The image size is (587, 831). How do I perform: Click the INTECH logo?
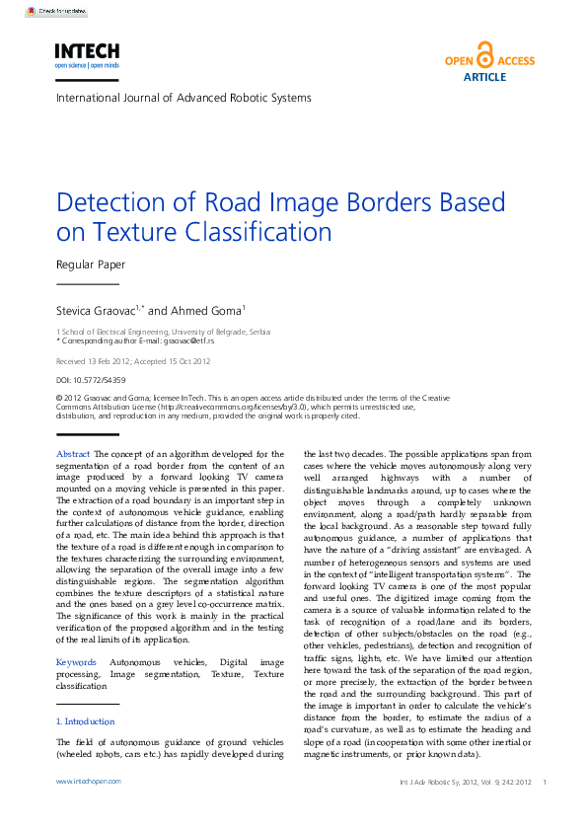[x=87, y=54]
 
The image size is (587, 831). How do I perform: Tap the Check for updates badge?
[x=56, y=12]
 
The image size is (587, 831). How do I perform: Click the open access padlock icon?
[x=484, y=54]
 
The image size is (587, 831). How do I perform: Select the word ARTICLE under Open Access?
[x=484, y=76]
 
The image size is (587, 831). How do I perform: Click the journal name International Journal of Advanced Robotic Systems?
[x=183, y=98]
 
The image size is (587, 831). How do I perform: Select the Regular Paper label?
[x=90, y=264]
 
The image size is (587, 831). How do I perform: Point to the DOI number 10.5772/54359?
[x=86, y=379]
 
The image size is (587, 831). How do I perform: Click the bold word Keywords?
[x=77, y=661]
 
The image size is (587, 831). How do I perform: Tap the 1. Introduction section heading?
[x=86, y=721]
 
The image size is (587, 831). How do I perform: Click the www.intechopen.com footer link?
[x=89, y=781]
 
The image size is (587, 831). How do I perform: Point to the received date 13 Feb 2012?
[x=109, y=362]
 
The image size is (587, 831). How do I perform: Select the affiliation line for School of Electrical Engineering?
[x=163, y=332]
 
